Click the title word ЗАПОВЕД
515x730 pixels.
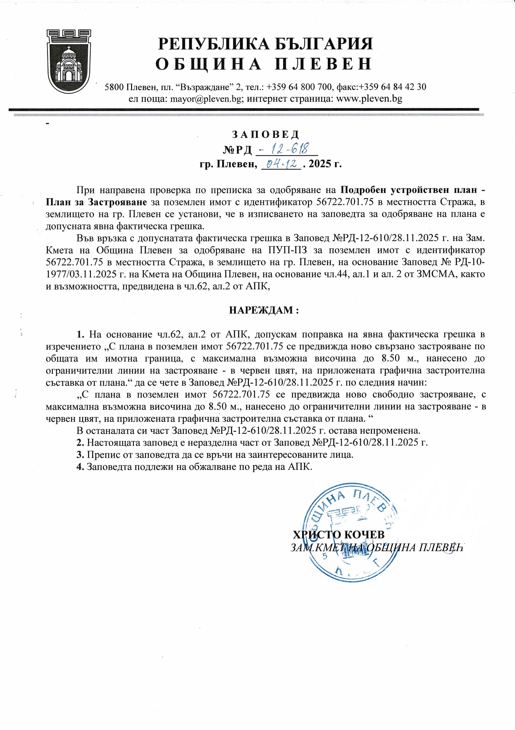click(266, 135)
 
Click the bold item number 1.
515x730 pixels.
click(80, 334)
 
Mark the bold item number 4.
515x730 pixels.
click(80, 466)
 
